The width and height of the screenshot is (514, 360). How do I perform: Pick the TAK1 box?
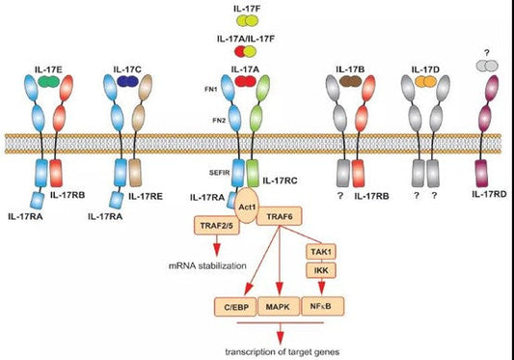320,250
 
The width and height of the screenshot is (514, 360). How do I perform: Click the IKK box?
320,271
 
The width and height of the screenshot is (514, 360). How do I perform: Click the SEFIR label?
217,167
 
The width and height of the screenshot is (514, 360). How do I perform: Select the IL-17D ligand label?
425,69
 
